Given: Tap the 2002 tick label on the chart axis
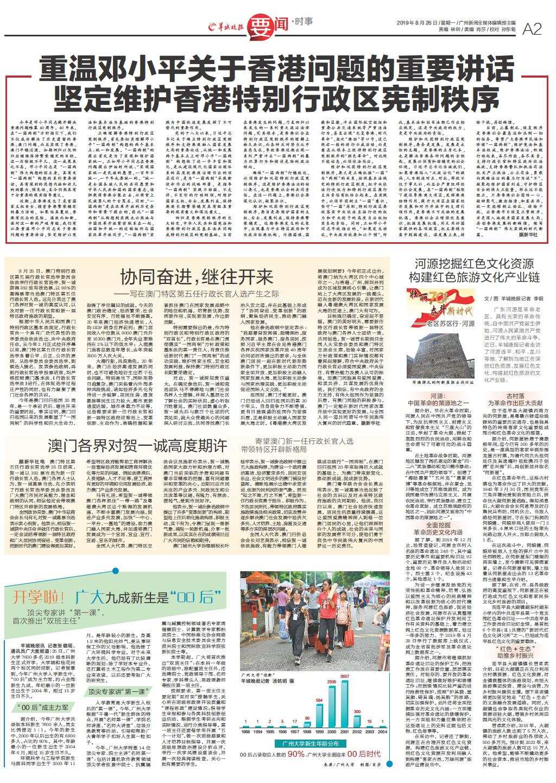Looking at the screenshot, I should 356,731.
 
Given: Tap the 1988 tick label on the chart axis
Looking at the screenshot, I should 245,731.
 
